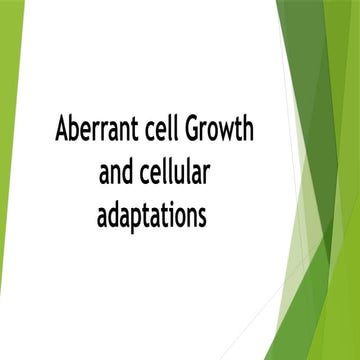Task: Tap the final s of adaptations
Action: (211, 216)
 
